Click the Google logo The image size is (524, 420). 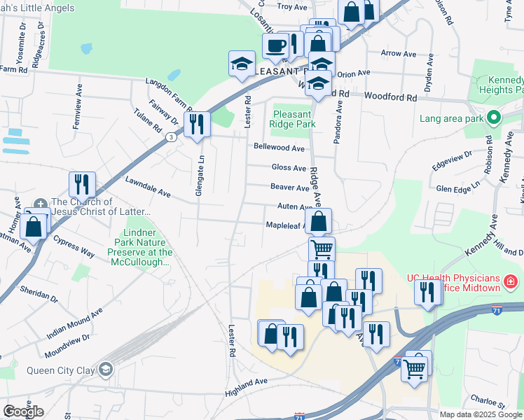click(23, 412)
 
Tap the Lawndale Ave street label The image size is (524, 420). click(148, 186)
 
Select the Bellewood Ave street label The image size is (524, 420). click(279, 148)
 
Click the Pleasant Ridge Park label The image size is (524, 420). click(292, 119)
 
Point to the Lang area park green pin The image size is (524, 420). click(494, 118)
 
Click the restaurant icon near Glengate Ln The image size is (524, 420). click(198, 124)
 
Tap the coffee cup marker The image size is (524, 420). click(275, 46)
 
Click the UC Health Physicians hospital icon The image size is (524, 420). click(511, 281)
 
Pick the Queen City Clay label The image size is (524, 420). click(61, 371)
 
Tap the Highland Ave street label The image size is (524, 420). click(247, 387)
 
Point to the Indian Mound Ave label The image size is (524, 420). click(74, 323)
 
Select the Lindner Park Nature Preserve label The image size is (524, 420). click(139, 246)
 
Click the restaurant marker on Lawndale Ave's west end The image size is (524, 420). click(82, 184)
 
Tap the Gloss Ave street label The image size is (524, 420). click(289, 168)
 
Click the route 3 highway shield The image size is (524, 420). click(171, 138)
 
